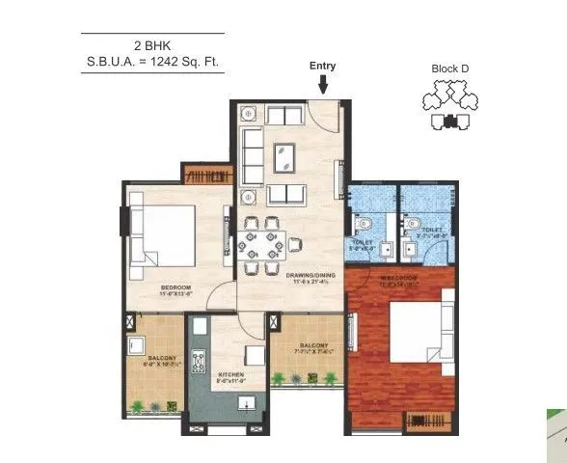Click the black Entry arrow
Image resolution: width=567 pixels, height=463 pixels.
(322, 84)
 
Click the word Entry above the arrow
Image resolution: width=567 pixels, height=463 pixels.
(322, 66)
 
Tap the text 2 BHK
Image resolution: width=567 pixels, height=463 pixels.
(151, 45)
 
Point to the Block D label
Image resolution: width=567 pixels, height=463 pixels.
(450, 69)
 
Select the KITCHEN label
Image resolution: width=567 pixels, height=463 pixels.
(230, 374)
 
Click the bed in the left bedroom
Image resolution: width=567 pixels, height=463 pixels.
(164, 234)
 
